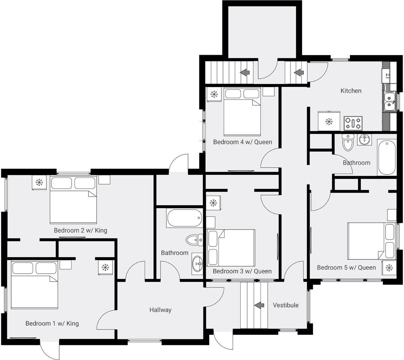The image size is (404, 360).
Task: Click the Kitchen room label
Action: click(x=351, y=91)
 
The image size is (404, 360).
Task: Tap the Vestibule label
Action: click(x=286, y=305)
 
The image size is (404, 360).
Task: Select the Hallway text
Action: click(x=160, y=310)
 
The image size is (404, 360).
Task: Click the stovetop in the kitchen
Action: click(x=353, y=123)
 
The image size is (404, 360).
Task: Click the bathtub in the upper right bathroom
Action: click(x=386, y=157)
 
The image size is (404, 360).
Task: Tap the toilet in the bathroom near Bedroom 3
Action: click(x=195, y=240)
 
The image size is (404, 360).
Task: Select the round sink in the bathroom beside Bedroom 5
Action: click(x=364, y=140)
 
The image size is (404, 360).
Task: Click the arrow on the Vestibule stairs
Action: click(x=259, y=305)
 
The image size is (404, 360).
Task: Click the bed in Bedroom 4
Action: click(x=242, y=111)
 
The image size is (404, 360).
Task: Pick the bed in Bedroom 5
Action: click(x=371, y=241)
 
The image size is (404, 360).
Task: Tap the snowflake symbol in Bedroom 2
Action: click(x=39, y=183)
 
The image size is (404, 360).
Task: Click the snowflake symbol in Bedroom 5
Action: click(x=389, y=268)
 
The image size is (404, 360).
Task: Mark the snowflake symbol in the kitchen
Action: click(x=329, y=121)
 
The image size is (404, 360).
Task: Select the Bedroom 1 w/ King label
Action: click(x=52, y=323)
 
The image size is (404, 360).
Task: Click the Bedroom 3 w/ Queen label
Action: click(x=242, y=271)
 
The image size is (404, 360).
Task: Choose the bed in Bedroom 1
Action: click(x=34, y=285)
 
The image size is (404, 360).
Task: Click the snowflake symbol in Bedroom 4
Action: click(x=214, y=94)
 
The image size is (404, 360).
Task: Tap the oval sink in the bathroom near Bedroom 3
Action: click(x=198, y=264)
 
